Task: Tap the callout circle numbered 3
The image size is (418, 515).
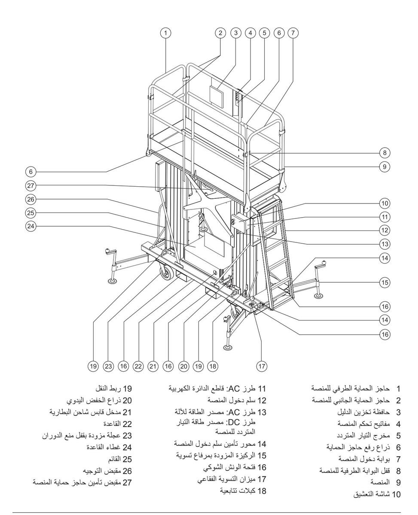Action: [235, 33]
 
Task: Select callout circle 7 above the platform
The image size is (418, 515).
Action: [293, 33]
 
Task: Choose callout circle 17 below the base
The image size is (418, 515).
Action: [262, 366]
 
